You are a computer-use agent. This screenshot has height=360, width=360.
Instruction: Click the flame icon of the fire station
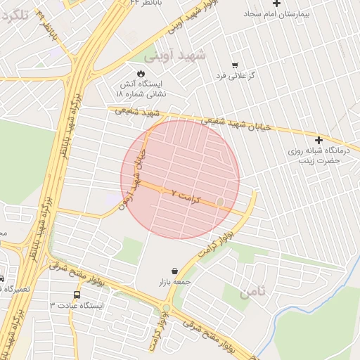[140, 72]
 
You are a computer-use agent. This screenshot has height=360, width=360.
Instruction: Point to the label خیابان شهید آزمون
[138, 176]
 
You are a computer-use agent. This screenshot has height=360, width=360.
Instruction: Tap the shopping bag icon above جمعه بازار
[174, 271]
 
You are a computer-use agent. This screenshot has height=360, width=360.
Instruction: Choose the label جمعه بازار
[174, 282]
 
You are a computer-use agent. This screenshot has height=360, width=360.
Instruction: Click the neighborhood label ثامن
[254, 292]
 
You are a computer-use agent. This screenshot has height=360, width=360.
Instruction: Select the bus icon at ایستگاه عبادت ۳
[77, 295]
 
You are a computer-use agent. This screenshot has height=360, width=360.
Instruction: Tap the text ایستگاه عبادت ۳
[77, 306]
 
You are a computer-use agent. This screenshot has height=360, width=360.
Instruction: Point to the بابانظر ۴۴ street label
[144, 3]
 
